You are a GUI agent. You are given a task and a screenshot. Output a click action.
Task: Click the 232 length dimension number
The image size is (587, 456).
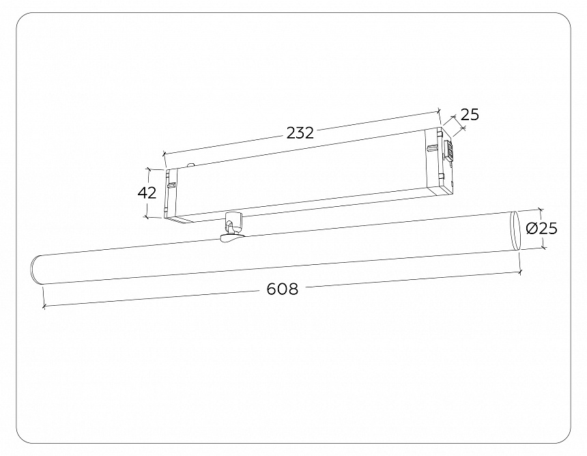[x=300, y=133]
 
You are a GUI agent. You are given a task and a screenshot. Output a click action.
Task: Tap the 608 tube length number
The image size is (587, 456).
[x=282, y=289]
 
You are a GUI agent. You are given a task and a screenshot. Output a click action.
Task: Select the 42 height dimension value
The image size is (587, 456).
[x=147, y=193]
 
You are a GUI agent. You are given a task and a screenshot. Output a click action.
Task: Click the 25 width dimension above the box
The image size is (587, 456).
[x=470, y=115]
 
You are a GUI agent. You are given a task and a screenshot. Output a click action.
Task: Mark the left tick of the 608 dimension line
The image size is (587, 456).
[x=44, y=307]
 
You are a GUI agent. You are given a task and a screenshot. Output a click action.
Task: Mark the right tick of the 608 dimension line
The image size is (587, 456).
[x=520, y=272]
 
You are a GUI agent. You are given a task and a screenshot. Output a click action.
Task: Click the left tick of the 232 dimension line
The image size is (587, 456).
[x=164, y=154]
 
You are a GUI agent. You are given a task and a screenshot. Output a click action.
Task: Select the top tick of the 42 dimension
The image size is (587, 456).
[x=147, y=168]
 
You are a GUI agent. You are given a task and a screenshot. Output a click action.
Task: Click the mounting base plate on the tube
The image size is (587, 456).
[x=230, y=237]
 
